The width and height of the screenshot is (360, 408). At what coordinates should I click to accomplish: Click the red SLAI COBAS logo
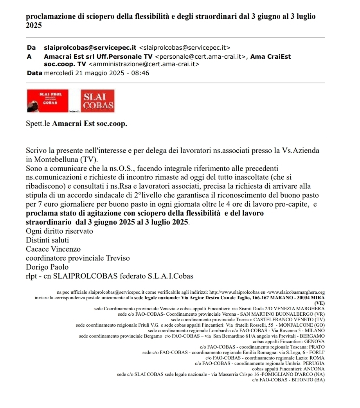97,101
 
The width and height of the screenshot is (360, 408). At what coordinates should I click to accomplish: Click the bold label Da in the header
31,48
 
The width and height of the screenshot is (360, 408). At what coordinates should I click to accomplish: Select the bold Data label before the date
34,73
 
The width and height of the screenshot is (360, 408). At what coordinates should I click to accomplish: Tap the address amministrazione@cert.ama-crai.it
144,64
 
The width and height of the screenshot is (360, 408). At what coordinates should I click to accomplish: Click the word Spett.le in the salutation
38,124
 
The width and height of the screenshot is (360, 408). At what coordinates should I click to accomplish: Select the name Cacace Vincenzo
53,249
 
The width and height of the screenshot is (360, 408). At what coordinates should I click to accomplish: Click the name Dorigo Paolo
47,267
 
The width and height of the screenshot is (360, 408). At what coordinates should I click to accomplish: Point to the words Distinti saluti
47,240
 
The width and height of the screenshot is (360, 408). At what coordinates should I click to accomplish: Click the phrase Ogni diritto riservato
59,231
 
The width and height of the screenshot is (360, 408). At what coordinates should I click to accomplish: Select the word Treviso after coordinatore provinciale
116,258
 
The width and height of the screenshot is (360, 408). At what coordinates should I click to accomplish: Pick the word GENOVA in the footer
314,341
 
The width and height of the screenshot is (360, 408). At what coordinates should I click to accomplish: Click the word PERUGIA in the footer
313,363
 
